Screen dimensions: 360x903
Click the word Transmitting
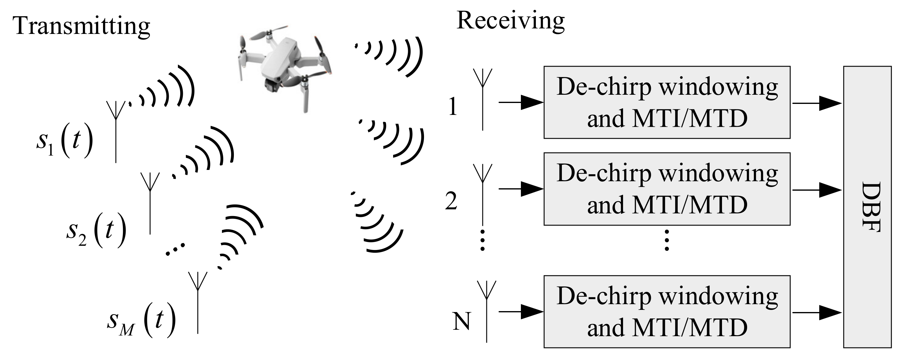(x=81, y=26)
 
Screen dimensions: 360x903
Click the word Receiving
(x=510, y=21)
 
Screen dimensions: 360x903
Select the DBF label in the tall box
(x=871, y=207)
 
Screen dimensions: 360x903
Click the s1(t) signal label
(x=64, y=140)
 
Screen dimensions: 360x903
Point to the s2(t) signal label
(x=96, y=231)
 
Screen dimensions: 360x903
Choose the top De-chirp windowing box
(x=667, y=102)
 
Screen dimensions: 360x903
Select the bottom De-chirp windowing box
(x=667, y=312)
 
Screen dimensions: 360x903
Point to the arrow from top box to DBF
(x=817, y=103)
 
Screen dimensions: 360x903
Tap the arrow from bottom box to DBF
(x=817, y=312)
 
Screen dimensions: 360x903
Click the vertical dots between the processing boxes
(x=667, y=240)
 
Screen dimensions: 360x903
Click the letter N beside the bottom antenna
(x=461, y=321)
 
